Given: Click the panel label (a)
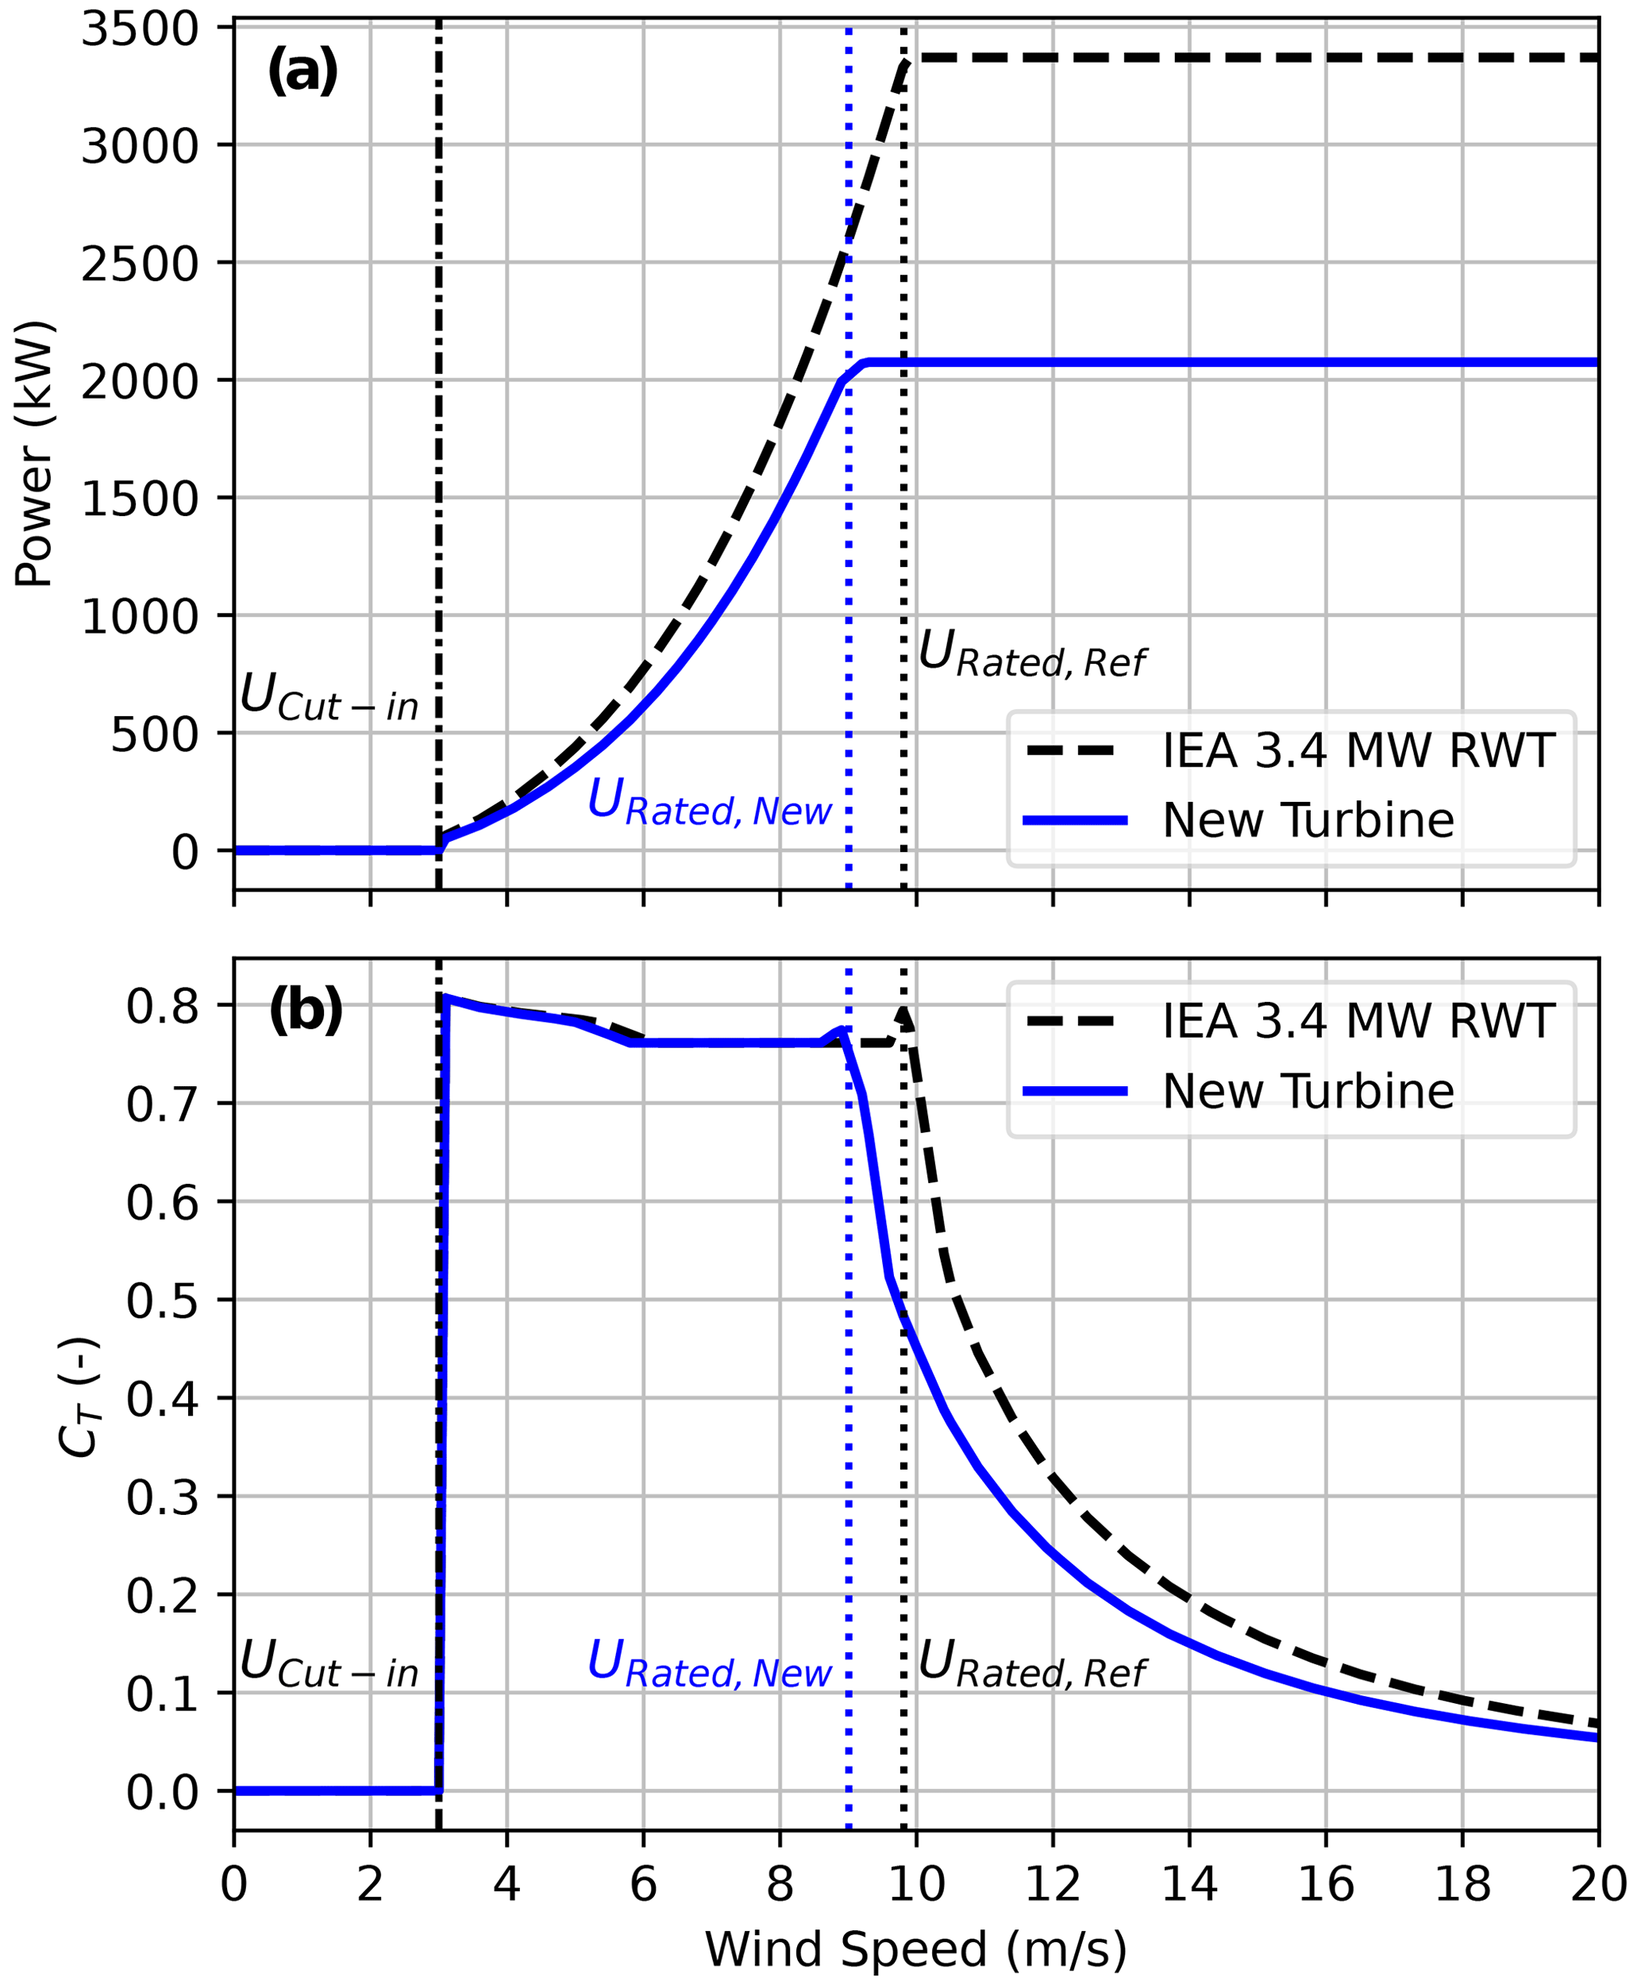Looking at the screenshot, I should pyautogui.click(x=302, y=71).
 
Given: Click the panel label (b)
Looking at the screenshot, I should pyautogui.click(x=306, y=1011).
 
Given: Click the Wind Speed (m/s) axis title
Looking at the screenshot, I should pyautogui.click(x=915, y=1949).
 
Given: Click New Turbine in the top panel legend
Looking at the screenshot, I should pyautogui.click(x=1308, y=820).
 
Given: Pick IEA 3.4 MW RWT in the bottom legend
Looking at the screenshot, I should pyautogui.click(x=1358, y=1022).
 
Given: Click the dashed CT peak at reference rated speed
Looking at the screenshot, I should pyautogui.click(x=904, y=1012).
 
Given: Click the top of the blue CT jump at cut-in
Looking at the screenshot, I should pyautogui.click(x=445, y=997).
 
